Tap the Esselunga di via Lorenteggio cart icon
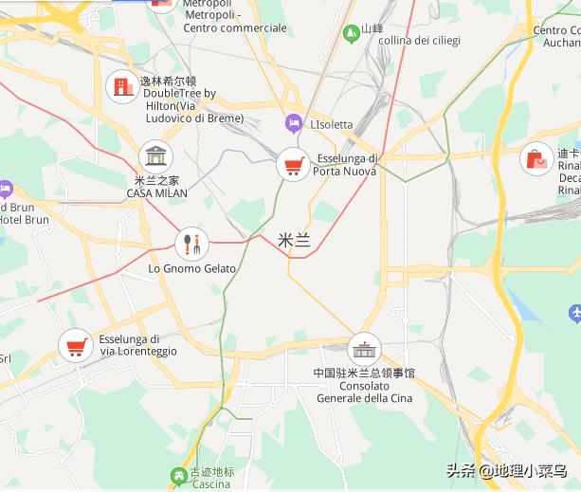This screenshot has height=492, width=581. (75, 346)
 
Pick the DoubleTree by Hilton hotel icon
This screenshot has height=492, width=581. (121, 87)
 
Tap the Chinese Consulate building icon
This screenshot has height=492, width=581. (364, 348)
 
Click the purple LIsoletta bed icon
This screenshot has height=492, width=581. (295, 123)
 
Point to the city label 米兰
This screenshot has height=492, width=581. (295, 241)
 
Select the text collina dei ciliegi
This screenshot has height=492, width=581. (418, 41)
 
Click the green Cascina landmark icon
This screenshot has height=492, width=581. (178, 475)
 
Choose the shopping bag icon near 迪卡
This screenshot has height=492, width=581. (537, 158)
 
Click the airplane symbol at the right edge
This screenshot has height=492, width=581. (573, 312)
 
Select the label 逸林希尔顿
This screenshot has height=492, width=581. (168, 82)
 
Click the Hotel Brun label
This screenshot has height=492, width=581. (23, 220)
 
